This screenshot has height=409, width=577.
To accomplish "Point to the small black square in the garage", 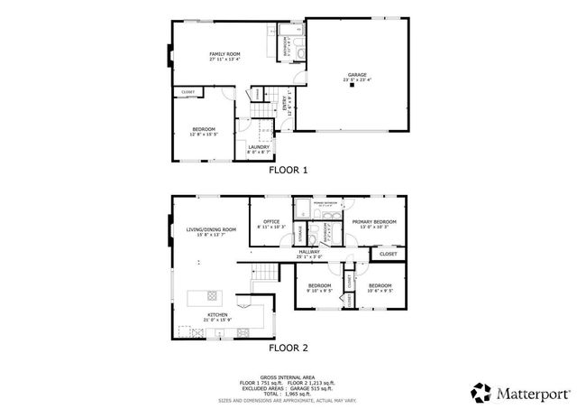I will tap(353, 88).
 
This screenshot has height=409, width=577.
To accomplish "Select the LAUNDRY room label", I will tap(259, 148).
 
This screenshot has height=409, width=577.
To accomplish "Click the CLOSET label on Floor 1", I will tap(188, 92).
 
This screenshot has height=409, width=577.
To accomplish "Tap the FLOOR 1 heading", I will tap(288, 170).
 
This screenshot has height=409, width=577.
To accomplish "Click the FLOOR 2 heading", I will tap(288, 347).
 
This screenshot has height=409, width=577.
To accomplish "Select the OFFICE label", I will tap(270, 222).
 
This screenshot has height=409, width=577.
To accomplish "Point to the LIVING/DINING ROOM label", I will tap(211, 230).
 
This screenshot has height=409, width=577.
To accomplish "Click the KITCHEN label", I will tap(218, 315).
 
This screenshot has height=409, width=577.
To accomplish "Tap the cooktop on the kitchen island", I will tap(212, 294).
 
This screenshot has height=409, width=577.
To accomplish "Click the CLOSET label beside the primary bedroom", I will tap(388, 254).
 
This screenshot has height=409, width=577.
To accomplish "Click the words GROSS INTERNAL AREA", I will tap(288, 376).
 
